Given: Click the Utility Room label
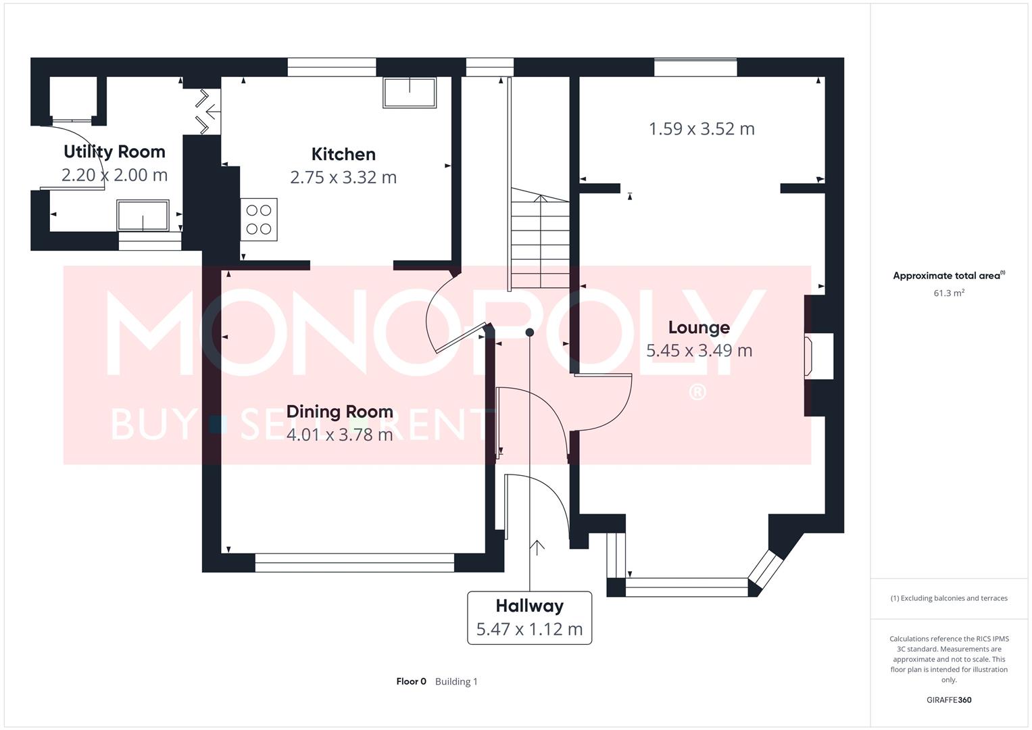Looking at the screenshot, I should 114,151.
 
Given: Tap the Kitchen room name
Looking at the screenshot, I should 343,154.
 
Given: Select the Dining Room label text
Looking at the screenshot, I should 339,412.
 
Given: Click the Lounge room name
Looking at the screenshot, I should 699,328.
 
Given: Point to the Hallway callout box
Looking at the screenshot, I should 529,618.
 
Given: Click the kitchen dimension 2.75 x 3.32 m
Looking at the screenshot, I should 343,177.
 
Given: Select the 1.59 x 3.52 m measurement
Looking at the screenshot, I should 702,128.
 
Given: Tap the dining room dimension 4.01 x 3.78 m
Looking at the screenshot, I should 339,435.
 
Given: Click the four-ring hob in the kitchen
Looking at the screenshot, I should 259,220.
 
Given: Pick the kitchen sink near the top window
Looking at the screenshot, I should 410,93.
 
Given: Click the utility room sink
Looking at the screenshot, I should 143,216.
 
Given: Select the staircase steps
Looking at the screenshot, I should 539,240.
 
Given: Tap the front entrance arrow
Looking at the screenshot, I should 537,547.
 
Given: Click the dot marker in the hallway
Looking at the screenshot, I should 530,332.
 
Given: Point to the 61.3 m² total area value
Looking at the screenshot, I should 948,293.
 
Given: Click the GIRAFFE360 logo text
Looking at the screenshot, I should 948,700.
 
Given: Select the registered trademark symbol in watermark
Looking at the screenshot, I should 697,392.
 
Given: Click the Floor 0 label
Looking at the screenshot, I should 411,681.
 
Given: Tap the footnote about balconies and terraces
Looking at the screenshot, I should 948,598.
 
